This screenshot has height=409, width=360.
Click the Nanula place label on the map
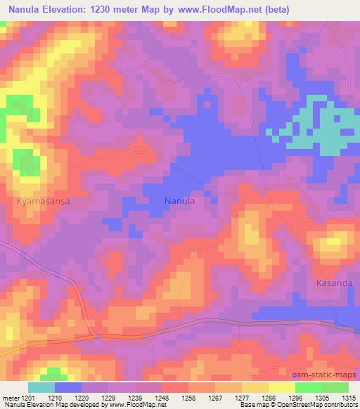click(179, 200)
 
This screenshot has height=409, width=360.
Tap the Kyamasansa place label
click(43, 200)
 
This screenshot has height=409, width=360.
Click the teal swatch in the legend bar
click(41, 387)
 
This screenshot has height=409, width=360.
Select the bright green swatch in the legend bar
click(309, 387)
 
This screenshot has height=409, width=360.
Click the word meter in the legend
click(11, 398)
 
